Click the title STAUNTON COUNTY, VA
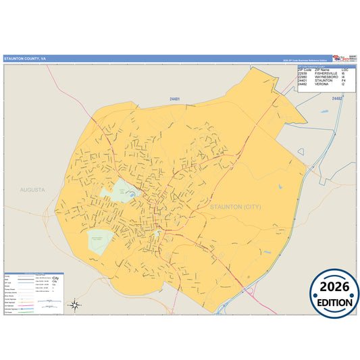pos(25,59)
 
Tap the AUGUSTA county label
pos(32,190)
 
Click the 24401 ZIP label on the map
pos(175,99)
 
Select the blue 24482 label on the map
pos(337,99)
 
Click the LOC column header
pos(345,70)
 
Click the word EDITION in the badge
pos(334,303)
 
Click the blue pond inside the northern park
pos(132,195)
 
